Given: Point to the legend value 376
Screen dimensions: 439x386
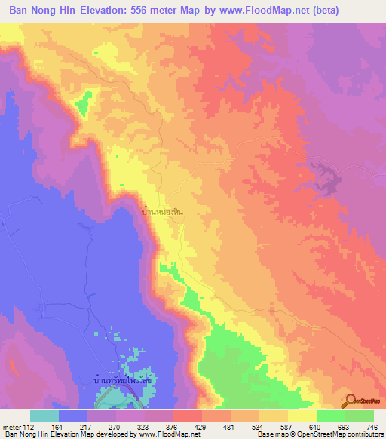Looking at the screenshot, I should tap(173, 428).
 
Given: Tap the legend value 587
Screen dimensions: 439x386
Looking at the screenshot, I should tap(287, 428).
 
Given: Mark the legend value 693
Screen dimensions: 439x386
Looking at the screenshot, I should tap(345, 428).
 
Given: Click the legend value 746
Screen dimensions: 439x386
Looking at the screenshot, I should tap(372, 428).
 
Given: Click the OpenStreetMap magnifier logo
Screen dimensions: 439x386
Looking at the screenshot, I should tap(349, 401).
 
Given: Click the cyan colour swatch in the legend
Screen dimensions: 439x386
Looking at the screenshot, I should tap(44, 416).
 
